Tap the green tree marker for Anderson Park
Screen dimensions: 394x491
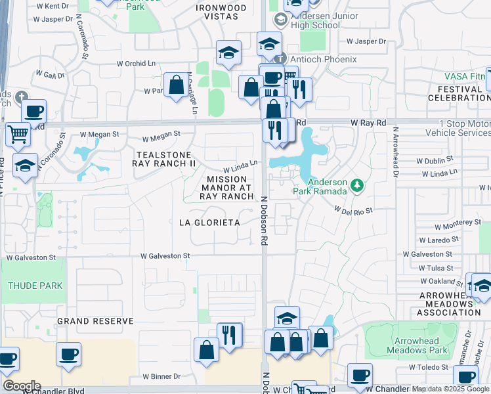[357, 186]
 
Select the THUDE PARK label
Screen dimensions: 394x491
[35, 286]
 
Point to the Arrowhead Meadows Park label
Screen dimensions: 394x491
[421, 345]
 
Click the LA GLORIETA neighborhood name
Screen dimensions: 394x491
[209, 223]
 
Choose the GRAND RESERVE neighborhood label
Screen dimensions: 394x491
[95, 321]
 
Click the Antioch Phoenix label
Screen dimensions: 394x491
[326, 59]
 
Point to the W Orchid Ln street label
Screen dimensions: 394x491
[140, 64]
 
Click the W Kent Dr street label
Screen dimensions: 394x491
[53, 6]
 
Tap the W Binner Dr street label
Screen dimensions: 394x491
[161, 376]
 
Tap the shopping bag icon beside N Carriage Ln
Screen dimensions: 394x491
[176, 85]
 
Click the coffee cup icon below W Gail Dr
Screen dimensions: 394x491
[34, 111]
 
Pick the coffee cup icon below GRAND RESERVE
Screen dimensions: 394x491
[68, 355]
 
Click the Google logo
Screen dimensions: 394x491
[22, 386]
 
